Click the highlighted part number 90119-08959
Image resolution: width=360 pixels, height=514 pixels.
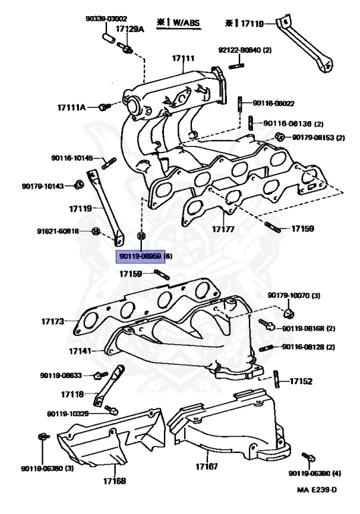click(141, 256)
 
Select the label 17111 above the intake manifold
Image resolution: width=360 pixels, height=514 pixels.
click(183, 58)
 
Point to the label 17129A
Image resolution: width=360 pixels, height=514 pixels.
click(130, 29)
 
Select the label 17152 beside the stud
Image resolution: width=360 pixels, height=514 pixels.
click(300, 381)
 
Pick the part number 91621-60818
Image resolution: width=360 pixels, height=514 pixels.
click(58, 232)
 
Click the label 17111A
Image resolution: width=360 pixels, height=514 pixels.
click(72, 107)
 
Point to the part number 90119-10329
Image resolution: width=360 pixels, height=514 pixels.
click(69, 414)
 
